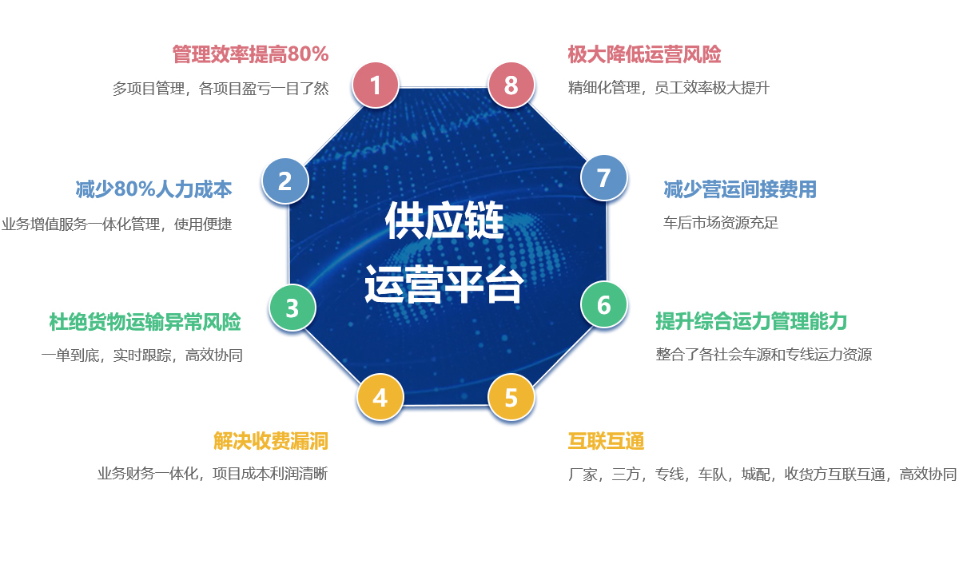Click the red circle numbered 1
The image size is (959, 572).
point(376,85)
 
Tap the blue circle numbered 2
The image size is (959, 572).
point(285,181)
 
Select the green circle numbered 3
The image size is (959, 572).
point(292,308)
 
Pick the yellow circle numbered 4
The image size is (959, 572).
point(380,397)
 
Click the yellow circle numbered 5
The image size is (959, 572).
point(511,397)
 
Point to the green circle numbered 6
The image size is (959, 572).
point(603,304)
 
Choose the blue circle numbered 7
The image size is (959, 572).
point(603,177)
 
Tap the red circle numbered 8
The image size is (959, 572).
point(511,85)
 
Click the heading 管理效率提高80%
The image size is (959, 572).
point(250,54)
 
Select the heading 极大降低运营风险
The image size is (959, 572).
point(644,54)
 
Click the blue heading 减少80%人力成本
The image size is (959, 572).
point(153,189)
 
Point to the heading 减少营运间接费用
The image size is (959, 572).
point(740,189)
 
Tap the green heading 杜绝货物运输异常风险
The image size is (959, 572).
point(145,322)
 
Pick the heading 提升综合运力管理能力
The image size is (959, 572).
point(751,321)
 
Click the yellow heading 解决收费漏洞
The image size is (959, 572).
point(271,441)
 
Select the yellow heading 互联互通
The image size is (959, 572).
point(606,441)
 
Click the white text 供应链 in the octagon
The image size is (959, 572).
point(444,220)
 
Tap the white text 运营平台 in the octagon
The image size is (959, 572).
point(444,284)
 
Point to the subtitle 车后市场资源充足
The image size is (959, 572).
point(721,222)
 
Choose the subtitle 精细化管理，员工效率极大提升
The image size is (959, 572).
point(668,88)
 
